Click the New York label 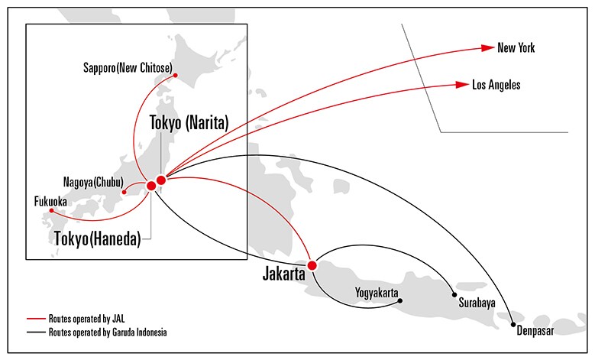516,48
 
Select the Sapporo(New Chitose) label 127,67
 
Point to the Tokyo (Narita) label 189,121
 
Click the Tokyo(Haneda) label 97,238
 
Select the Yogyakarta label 377,291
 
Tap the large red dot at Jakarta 312,265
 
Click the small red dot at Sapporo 176,76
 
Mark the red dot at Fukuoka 51,210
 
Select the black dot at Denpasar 513,325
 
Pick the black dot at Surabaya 454,295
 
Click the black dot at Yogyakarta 401,301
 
